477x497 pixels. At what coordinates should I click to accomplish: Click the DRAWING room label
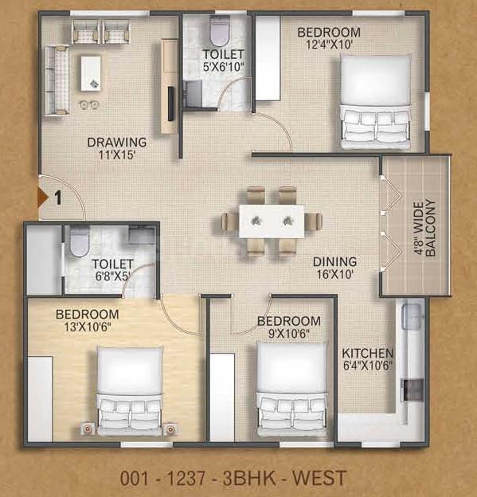click(117, 143)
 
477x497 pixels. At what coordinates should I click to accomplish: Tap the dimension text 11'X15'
click(117, 155)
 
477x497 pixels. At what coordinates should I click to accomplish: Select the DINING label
click(335, 262)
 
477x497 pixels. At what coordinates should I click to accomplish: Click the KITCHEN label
click(368, 353)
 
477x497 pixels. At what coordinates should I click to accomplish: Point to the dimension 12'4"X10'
click(329, 45)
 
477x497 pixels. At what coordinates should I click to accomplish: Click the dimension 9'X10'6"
click(289, 334)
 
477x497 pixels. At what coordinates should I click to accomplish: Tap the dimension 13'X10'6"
click(88, 327)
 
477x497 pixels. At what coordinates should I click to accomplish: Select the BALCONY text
click(431, 228)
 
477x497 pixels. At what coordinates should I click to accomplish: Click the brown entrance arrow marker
click(43, 198)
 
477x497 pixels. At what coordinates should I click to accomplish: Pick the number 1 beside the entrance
click(57, 198)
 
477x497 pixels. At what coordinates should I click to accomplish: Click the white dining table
click(272, 221)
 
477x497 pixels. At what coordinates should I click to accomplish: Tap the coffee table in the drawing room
click(91, 73)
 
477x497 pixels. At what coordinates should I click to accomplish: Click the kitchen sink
click(412, 316)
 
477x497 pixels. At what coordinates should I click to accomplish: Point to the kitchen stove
click(412, 389)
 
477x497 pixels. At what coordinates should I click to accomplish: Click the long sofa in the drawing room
click(57, 80)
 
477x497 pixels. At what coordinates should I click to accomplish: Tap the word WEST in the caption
click(319, 479)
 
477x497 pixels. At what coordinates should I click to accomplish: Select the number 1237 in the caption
click(186, 479)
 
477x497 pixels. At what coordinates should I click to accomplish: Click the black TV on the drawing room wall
click(171, 104)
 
